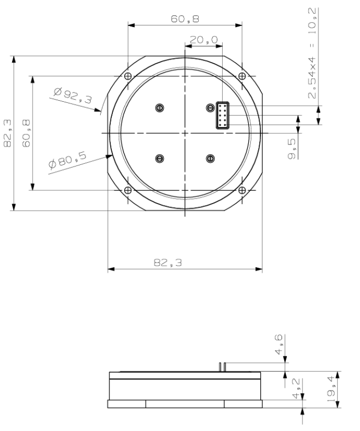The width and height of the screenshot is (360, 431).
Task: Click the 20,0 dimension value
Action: click(x=203, y=40)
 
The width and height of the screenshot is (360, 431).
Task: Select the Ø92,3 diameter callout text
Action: click(x=73, y=95)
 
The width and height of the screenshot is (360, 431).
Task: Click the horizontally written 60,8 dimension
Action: click(x=185, y=18)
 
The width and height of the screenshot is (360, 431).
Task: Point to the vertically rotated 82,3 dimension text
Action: click(x=8, y=134)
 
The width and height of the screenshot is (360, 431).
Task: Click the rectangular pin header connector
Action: click(x=223, y=116)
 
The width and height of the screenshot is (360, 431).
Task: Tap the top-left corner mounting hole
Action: click(x=128, y=76)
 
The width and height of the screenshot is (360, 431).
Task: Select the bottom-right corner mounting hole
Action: click(x=241, y=190)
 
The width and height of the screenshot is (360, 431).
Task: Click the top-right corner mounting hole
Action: click(x=241, y=76)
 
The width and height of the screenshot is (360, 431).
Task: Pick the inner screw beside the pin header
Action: click(x=210, y=107)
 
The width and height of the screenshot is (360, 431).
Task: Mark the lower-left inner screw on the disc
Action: click(x=160, y=159)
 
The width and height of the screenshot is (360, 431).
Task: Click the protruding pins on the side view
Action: click(x=222, y=367)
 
